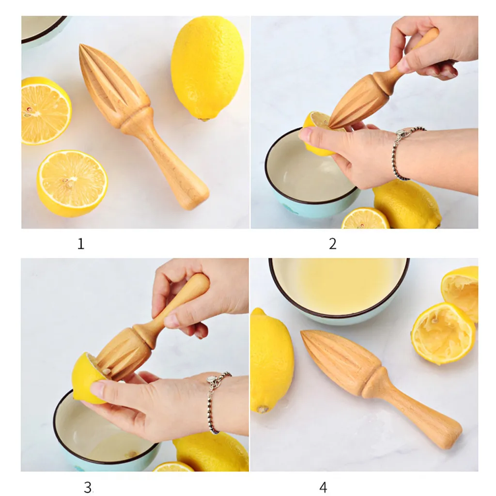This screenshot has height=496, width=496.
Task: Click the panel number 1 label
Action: (81, 244)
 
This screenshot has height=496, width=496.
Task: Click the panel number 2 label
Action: (332, 244)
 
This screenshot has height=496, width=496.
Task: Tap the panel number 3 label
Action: (88, 487)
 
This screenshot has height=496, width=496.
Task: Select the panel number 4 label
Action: (323, 487)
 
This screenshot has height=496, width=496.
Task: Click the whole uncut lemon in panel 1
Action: (207, 68)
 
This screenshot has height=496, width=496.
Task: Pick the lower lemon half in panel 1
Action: (72, 184)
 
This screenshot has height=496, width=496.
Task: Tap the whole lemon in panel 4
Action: (271, 360)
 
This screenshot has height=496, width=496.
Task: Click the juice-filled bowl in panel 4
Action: (339, 290)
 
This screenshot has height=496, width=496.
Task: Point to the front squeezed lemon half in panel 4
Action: (443, 334)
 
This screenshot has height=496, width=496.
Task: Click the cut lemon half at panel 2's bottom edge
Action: (365, 218)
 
